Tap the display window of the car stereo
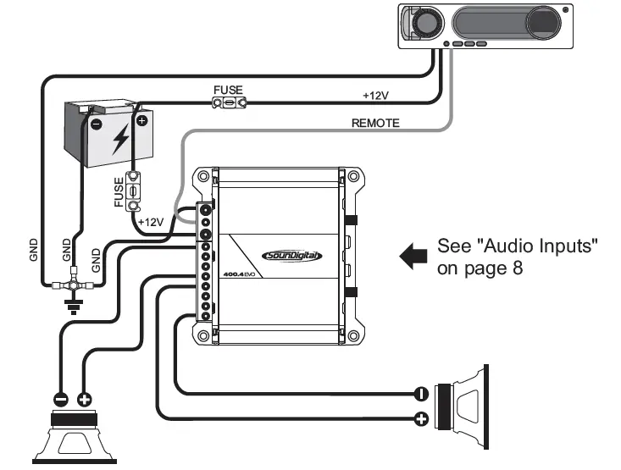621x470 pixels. pos(505,20)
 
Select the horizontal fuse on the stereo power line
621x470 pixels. pos(229,103)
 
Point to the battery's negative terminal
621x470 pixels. pos(96,123)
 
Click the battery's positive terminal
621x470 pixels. pos(141,121)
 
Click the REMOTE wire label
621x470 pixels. pos(375,123)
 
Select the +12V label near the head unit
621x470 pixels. pos(376,95)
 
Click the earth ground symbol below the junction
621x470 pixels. pos(74,307)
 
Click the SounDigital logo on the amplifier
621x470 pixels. pos(292,255)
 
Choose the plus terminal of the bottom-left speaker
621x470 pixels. pos(85,399)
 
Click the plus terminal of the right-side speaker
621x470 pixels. pos(419,418)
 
